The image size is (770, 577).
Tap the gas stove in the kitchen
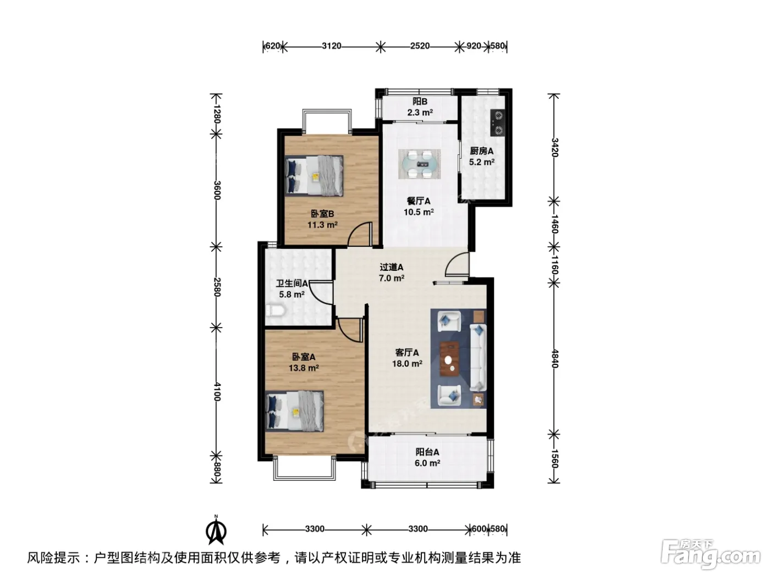[x=497, y=123]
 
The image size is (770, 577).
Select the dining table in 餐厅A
[x=419, y=164]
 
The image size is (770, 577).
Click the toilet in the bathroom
[x=276, y=311]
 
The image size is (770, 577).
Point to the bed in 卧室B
[x=314, y=175]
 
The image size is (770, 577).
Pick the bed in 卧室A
[x=294, y=410]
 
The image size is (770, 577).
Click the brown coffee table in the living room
[x=450, y=359]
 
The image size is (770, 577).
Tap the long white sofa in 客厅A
[x=478, y=357]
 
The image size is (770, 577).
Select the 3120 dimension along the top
[x=332, y=46]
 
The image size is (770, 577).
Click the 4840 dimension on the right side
[x=554, y=359]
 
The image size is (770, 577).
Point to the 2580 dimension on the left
[x=217, y=287]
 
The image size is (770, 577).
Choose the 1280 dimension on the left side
[x=217, y=114]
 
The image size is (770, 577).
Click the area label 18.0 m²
[x=407, y=364]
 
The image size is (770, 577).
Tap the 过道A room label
[x=392, y=267]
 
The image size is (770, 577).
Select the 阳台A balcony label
[x=427, y=452]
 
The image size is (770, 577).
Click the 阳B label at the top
[x=420, y=102]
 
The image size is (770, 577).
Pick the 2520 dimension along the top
[x=420, y=46]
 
